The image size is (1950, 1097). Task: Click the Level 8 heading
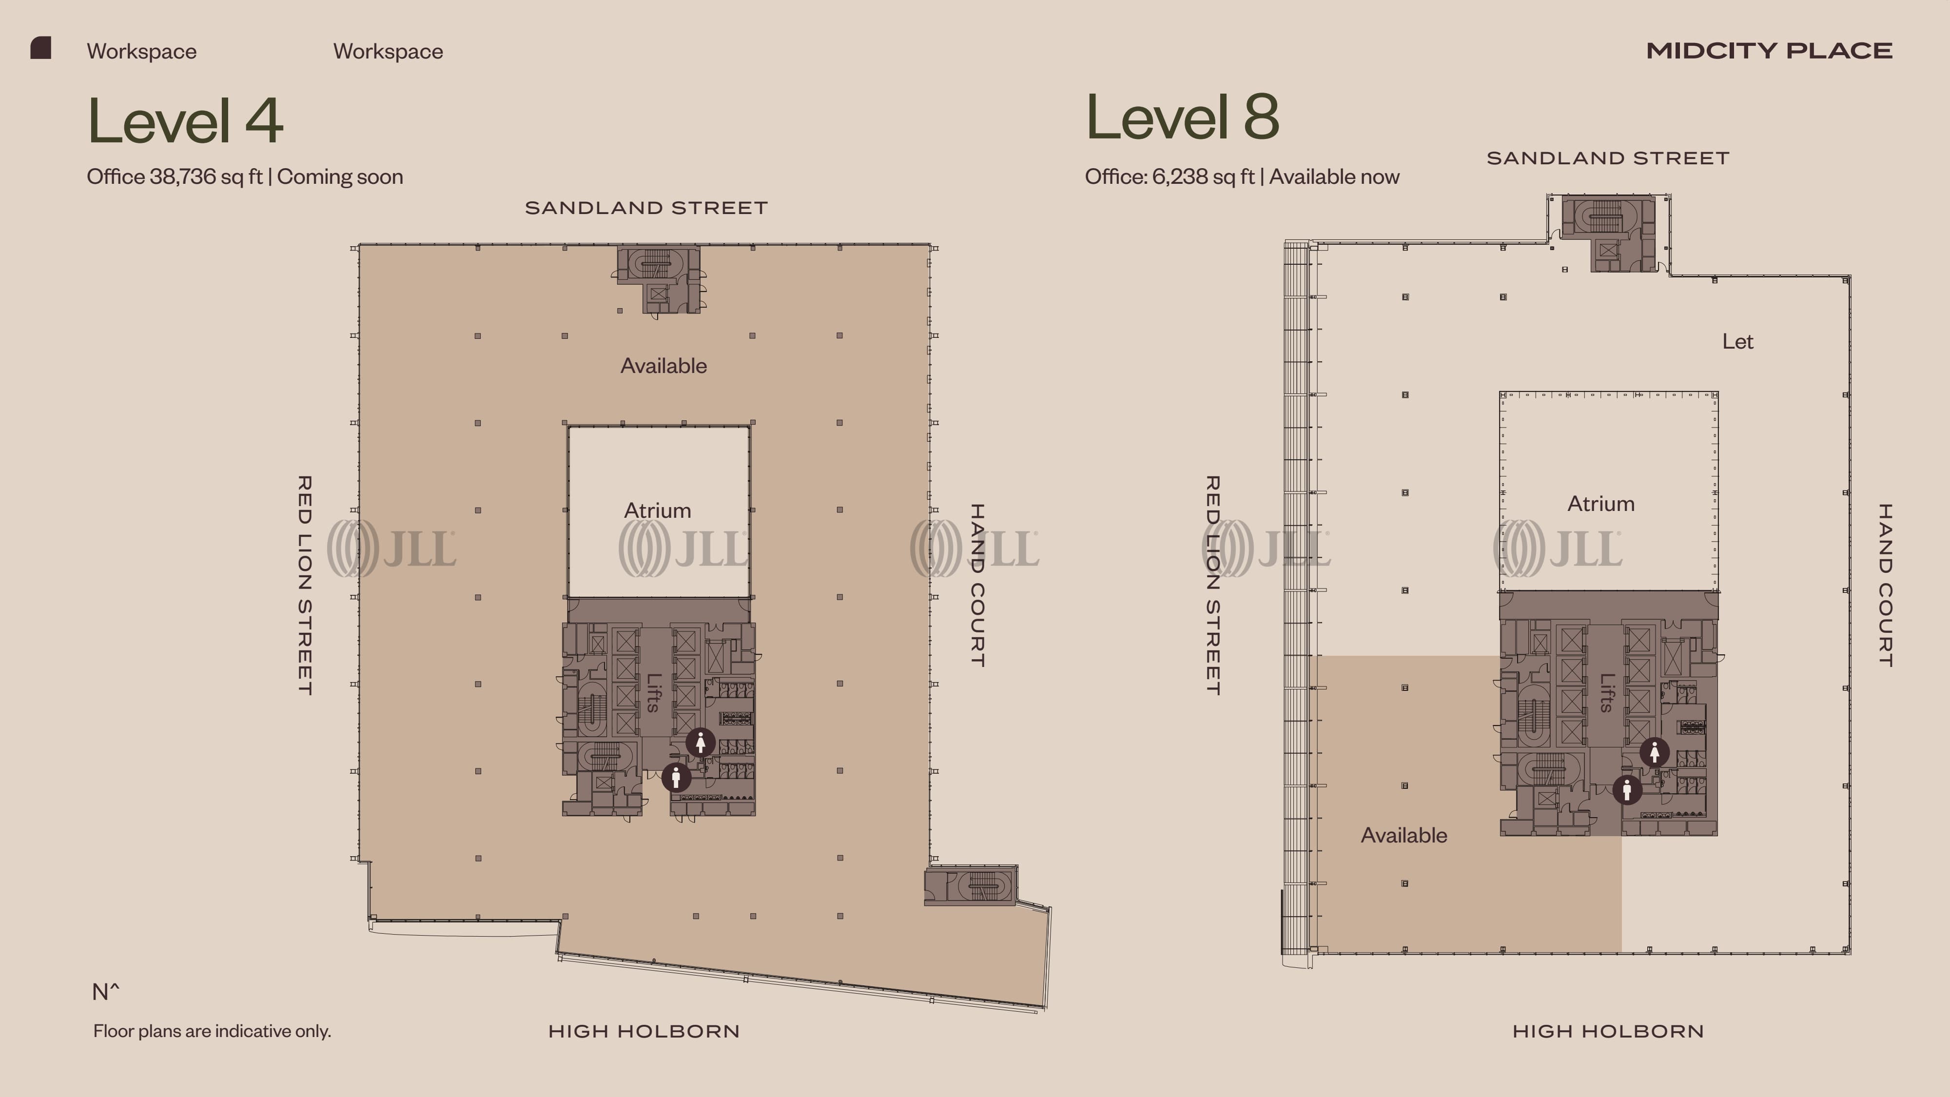[x=1182, y=117]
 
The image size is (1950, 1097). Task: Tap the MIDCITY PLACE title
[x=1769, y=51]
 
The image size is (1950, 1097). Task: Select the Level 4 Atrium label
[x=657, y=510]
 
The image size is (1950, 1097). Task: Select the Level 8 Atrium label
[x=1600, y=504]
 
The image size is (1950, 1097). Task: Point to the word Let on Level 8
[x=1737, y=341]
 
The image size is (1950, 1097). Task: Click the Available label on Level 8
[x=1404, y=835]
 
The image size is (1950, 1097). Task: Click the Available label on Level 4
[x=663, y=366]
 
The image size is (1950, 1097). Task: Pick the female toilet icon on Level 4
[x=700, y=743]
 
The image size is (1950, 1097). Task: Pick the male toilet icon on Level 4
[x=676, y=777]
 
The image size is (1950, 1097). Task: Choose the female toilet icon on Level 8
[x=1654, y=752]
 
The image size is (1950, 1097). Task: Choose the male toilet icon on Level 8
[x=1627, y=790]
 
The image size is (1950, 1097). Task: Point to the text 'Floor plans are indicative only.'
[x=212, y=1031]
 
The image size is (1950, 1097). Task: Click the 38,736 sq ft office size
[x=206, y=176]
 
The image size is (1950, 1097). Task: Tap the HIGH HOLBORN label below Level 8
[x=1608, y=1031]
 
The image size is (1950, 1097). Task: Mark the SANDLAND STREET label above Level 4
[x=646, y=207]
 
